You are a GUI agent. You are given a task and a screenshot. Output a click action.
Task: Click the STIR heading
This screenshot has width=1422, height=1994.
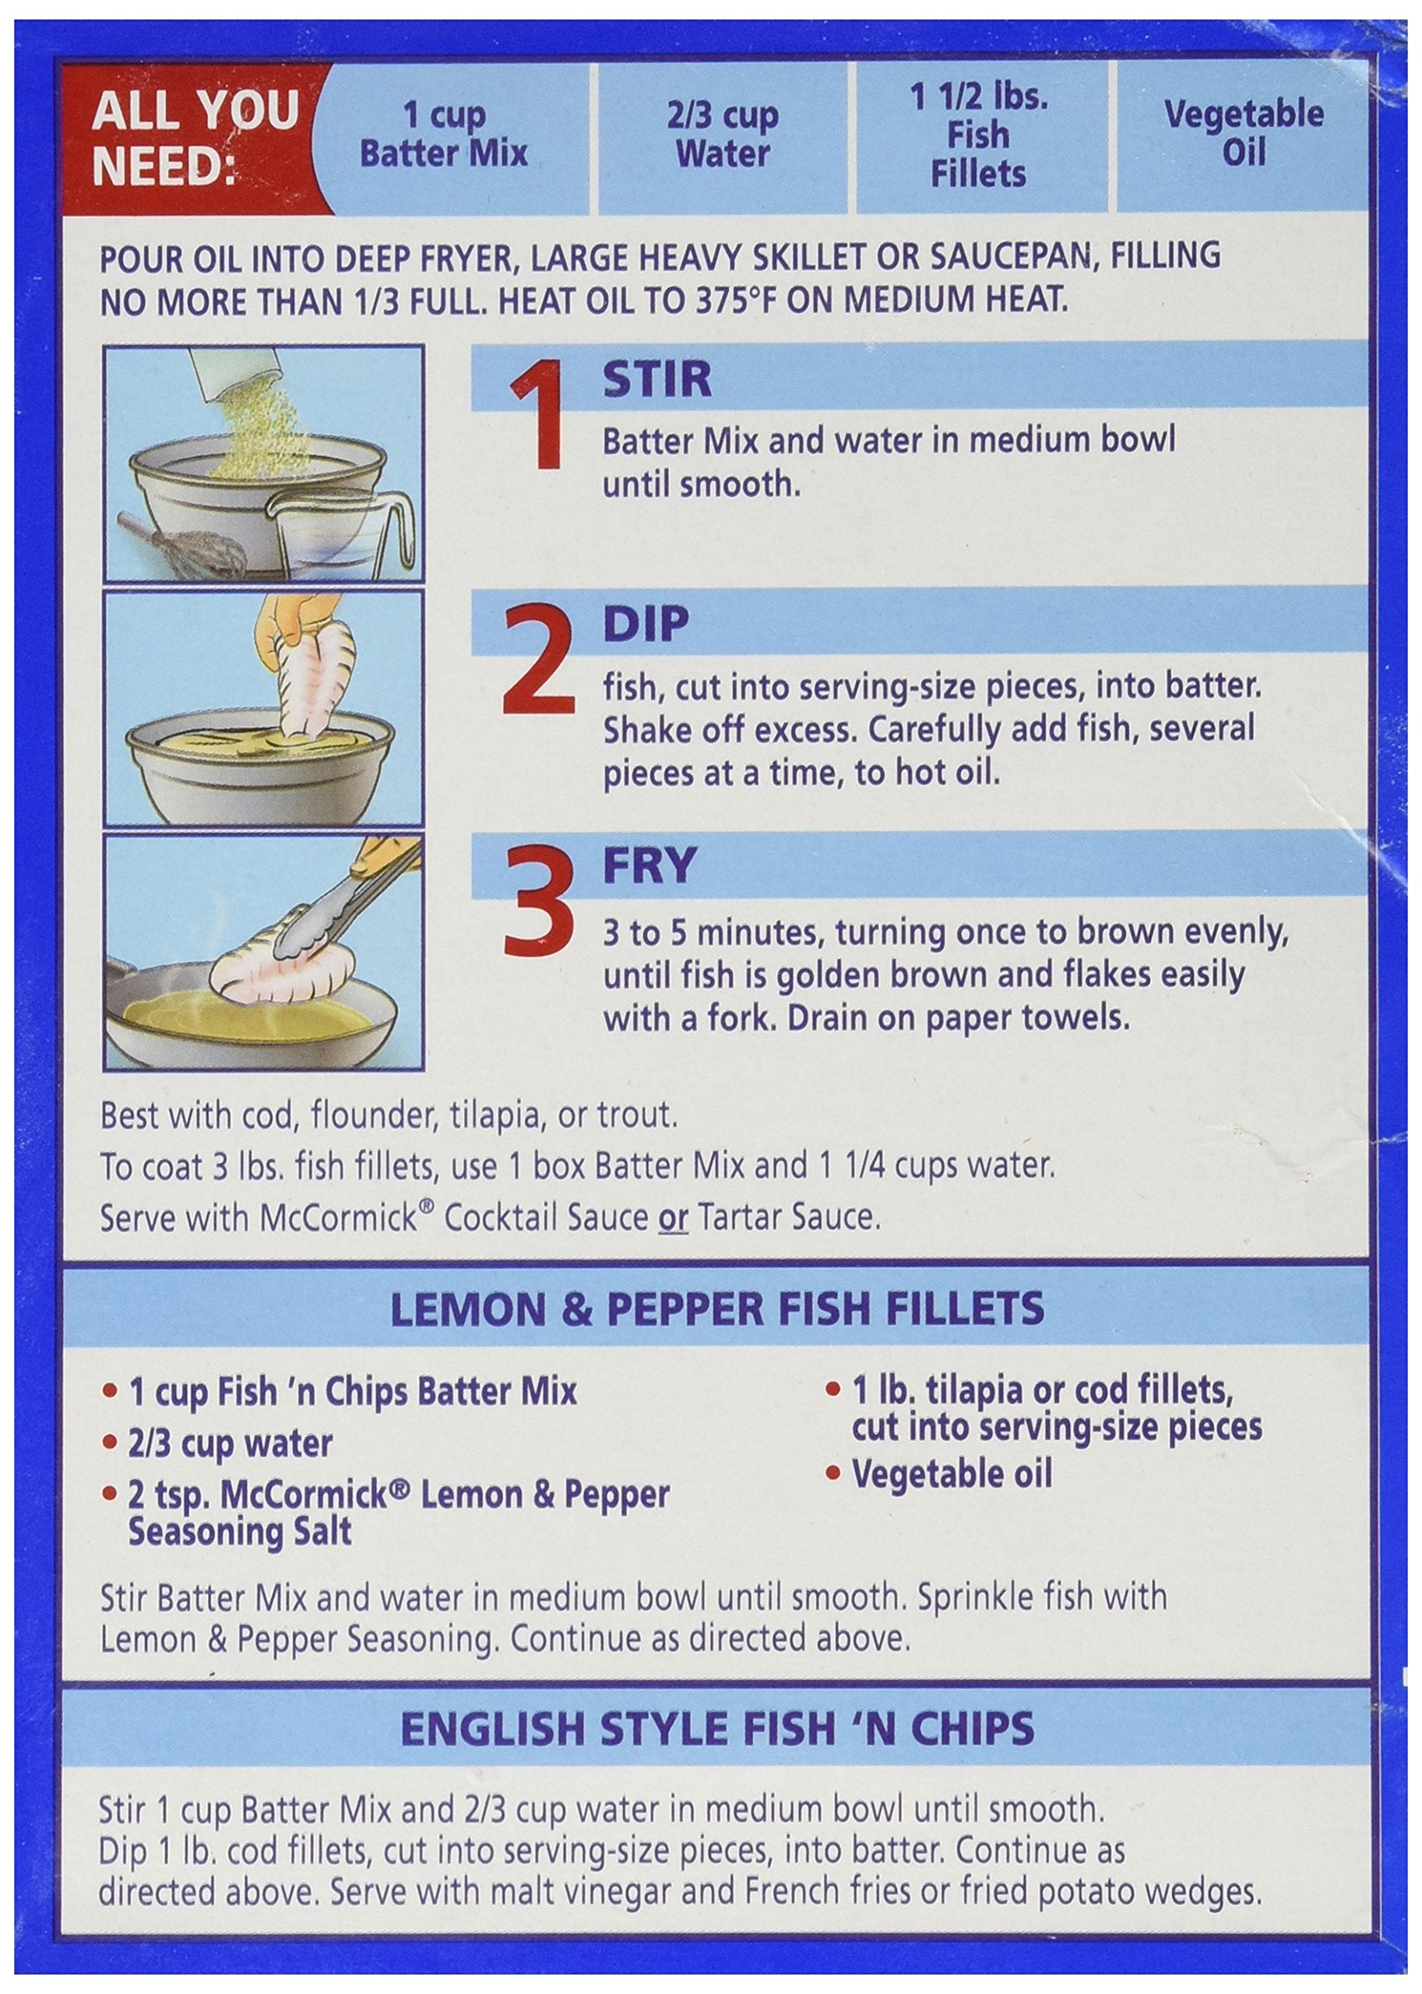[x=656, y=380]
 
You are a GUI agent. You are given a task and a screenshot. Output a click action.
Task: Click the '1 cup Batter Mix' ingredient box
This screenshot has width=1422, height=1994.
[x=444, y=135]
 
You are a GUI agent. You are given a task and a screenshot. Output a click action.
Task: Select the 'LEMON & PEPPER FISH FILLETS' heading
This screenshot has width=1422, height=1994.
[x=717, y=1310]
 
